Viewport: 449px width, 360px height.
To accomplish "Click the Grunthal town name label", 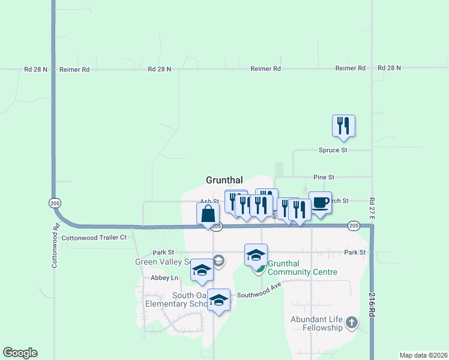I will coord(224,180).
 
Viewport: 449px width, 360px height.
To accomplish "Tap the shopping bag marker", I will coord(208,214).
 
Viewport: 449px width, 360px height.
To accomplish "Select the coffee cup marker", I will coord(320,203).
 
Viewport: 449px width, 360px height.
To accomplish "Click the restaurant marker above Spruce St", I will coord(343,126).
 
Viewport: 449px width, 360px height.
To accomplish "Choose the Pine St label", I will coord(324,178).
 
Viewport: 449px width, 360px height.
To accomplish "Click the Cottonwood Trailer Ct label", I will coord(94,237).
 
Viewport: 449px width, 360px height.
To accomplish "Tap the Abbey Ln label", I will coord(165,278).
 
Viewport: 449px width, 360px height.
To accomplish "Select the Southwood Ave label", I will coord(259,295).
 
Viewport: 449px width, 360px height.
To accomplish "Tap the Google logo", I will coord(20,353).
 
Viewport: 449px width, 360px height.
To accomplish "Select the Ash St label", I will coord(209,202).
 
